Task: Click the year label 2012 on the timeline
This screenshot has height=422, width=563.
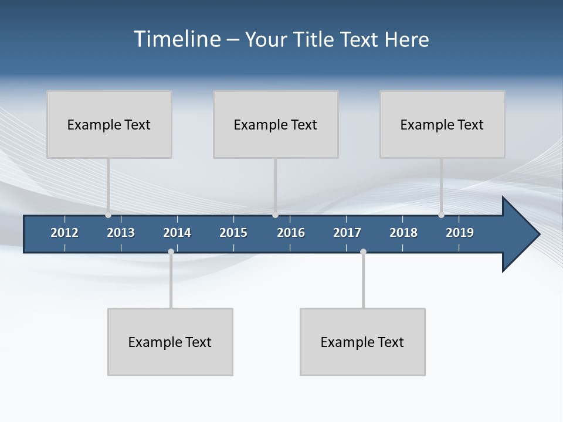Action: (x=65, y=233)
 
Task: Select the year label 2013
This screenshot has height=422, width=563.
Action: (x=121, y=233)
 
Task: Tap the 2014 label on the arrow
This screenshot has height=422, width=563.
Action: (x=177, y=233)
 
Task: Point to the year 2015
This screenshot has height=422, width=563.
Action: (x=233, y=233)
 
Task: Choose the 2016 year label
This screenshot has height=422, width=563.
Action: (x=291, y=233)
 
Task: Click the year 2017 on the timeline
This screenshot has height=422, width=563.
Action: (x=347, y=233)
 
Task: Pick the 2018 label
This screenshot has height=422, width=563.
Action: (x=403, y=233)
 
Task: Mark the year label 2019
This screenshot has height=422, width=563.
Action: (x=460, y=233)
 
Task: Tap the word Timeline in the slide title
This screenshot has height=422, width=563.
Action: (x=177, y=39)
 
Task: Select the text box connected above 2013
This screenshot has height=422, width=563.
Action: (x=109, y=124)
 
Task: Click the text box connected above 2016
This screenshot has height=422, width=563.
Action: (x=276, y=124)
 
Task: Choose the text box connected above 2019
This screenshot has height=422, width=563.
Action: (x=442, y=124)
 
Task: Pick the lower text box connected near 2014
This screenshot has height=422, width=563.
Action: (x=170, y=342)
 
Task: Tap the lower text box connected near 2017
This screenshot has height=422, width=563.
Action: (x=362, y=342)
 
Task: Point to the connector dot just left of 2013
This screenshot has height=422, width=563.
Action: (x=108, y=215)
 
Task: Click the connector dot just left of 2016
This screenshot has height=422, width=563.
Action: (x=275, y=215)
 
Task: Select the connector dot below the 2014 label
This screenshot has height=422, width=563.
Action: (x=171, y=252)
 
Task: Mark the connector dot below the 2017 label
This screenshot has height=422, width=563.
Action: (x=363, y=252)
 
